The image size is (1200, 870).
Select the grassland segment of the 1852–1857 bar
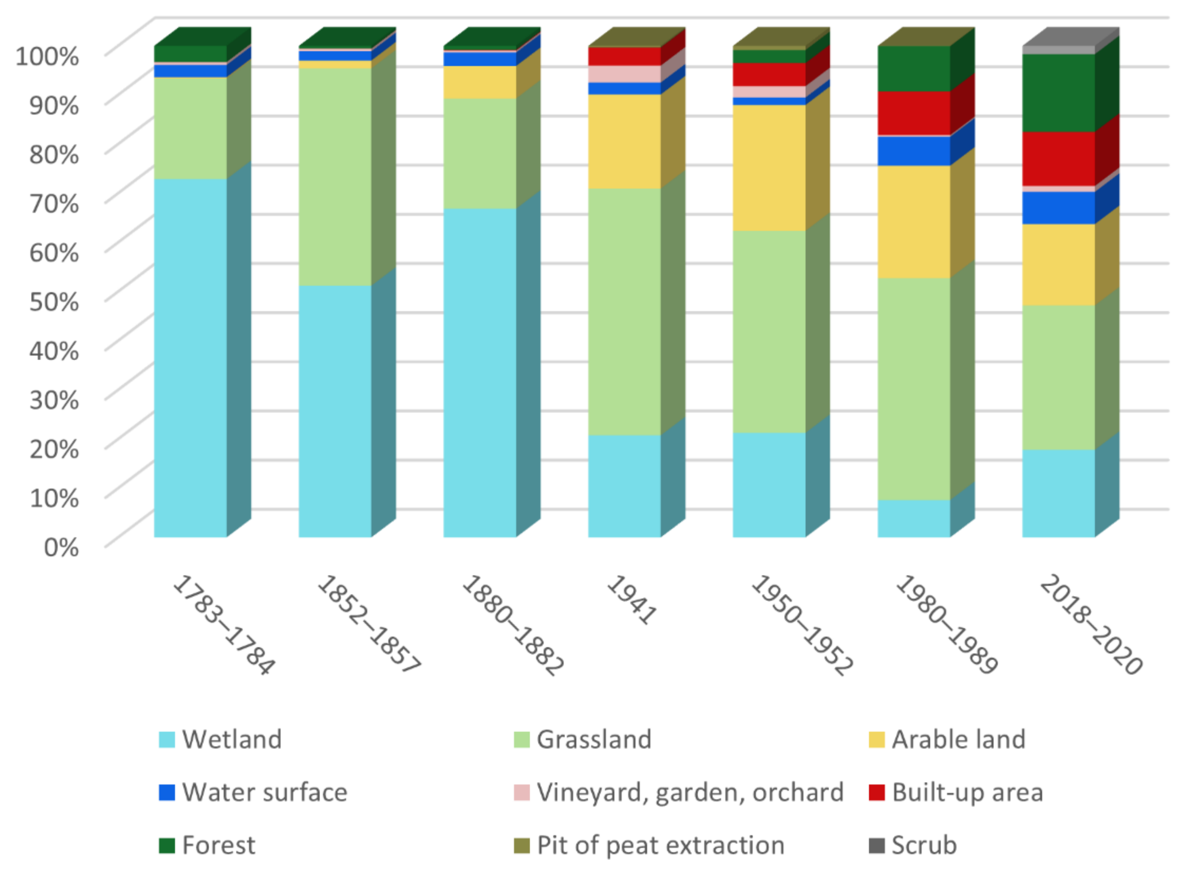point(335,177)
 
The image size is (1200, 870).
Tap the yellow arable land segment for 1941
point(624,141)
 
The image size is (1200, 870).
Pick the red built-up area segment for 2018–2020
point(1058,159)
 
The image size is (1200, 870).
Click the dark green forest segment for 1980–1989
point(914,69)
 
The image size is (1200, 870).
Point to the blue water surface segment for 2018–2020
point(1058,208)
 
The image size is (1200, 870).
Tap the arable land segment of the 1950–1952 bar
point(769,168)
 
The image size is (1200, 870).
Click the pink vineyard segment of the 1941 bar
point(624,74)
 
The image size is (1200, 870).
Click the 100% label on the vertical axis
point(48,56)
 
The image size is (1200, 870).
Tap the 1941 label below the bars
point(631,600)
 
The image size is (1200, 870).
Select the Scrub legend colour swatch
point(876,846)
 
